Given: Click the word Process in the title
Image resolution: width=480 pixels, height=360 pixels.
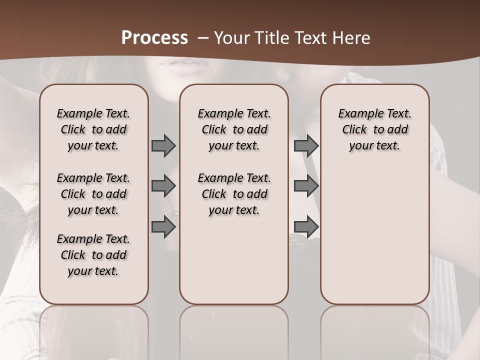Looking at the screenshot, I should pyautogui.click(x=154, y=38).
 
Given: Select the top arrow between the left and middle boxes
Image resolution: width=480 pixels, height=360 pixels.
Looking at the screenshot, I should pyautogui.click(x=163, y=145).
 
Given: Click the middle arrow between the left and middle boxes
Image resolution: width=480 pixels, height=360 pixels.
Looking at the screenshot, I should pyautogui.click(x=163, y=186).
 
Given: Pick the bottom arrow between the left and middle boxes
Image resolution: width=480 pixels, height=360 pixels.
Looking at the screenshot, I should pyautogui.click(x=163, y=227).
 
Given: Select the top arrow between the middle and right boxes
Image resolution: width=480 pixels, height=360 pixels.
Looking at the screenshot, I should pyautogui.click(x=306, y=145).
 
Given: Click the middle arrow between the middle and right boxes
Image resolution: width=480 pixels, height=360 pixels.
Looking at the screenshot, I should pyautogui.click(x=306, y=186).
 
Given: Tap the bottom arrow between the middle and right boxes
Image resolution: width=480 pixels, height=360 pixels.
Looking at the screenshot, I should pyautogui.click(x=306, y=227).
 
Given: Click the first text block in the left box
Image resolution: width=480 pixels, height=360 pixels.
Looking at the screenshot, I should pyautogui.click(x=93, y=129).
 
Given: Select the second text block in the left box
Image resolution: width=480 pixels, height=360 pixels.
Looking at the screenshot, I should pyautogui.click(x=93, y=194).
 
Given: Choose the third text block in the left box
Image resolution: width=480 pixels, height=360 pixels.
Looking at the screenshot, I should pyautogui.click(x=93, y=255).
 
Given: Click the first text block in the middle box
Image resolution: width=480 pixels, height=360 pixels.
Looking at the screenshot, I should pyautogui.click(x=234, y=129).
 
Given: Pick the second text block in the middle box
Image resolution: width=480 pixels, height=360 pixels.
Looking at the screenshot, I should pyautogui.click(x=234, y=194).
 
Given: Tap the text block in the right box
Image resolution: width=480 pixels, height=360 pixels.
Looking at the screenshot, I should pyautogui.click(x=375, y=129).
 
